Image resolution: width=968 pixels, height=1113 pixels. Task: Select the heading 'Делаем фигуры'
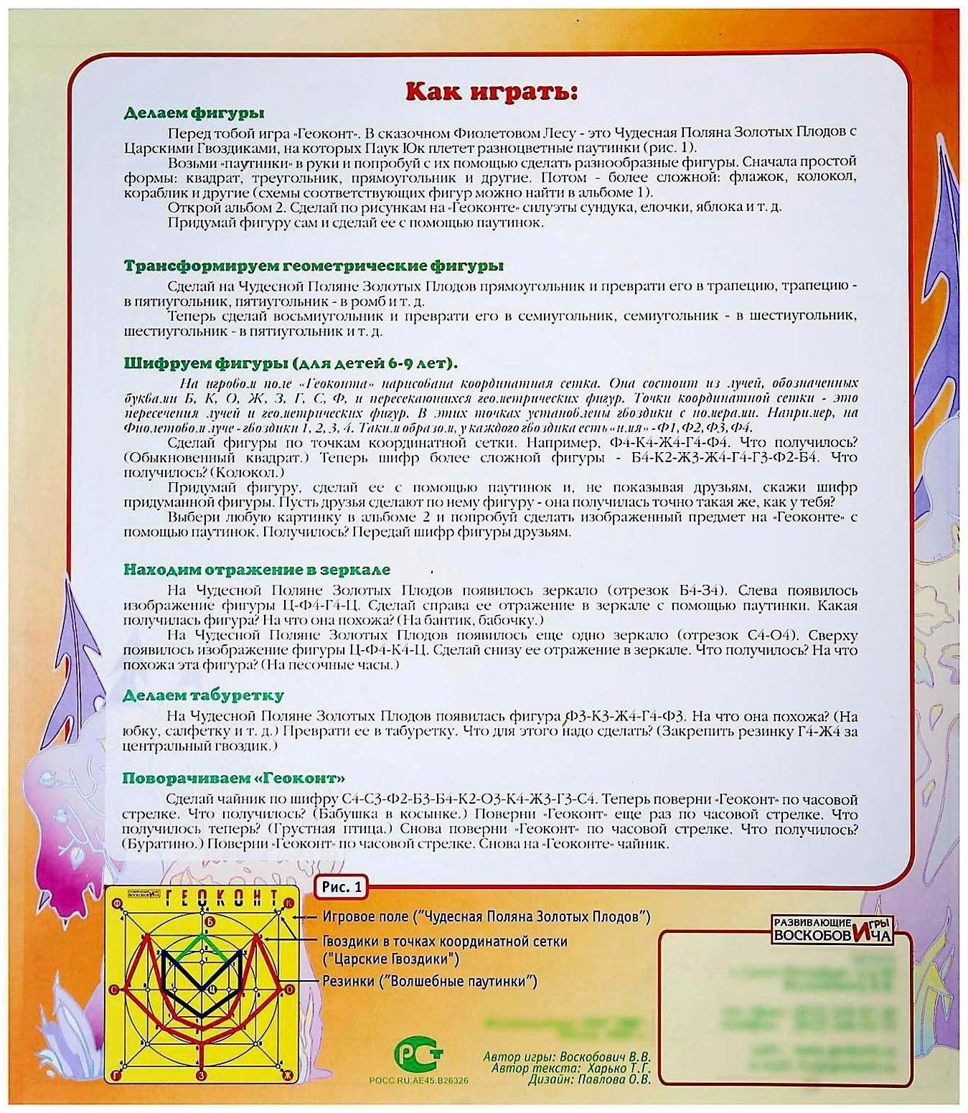tap(194, 113)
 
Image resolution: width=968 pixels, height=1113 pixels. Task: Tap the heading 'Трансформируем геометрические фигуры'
tap(314, 266)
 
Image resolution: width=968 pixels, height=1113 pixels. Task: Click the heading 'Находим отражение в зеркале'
tap(257, 570)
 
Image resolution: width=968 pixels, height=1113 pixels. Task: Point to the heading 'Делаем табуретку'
tap(204, 695)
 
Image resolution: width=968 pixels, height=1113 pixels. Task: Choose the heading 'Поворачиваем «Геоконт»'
tap(233, 779)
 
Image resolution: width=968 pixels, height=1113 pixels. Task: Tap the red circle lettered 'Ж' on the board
tap(288, 1074)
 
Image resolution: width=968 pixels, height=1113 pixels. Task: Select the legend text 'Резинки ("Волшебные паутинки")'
tap(429, 981)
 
